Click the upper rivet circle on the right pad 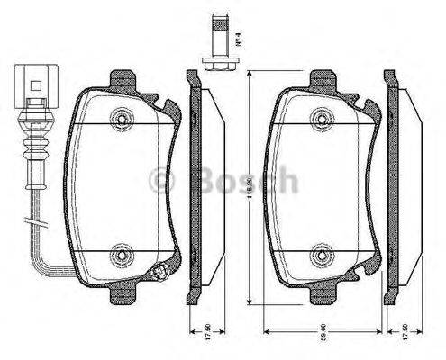[x=320, y=119]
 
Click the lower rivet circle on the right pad [x=320, y=258]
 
